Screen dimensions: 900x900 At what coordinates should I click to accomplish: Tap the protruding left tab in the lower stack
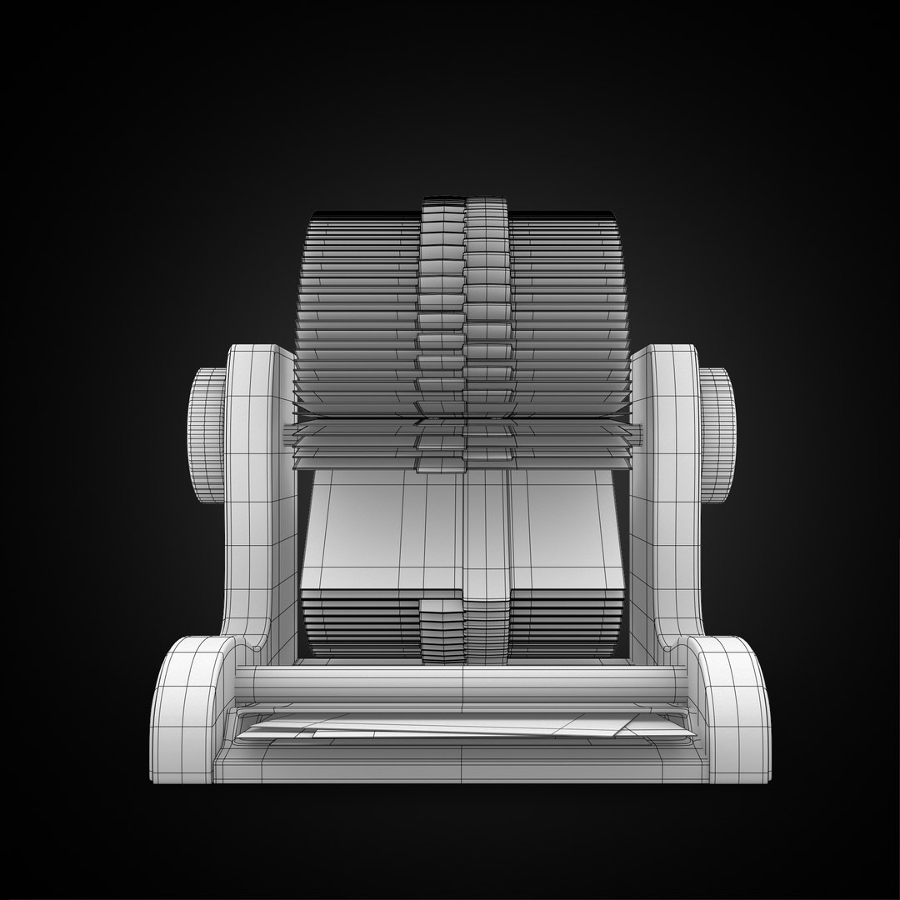coord(439,629)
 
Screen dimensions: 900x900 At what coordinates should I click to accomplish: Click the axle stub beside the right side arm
coord(637,433)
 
